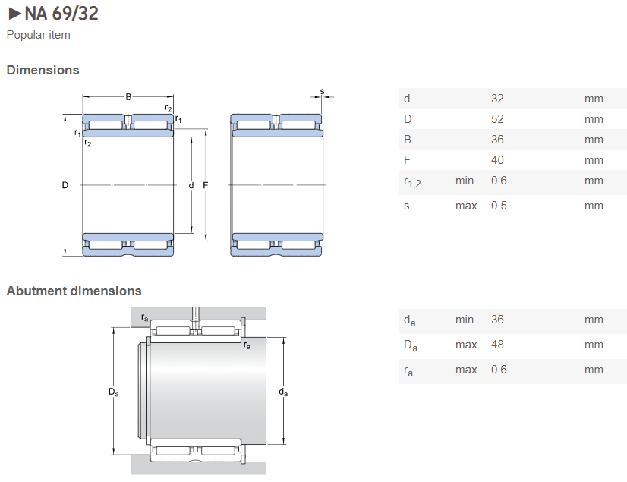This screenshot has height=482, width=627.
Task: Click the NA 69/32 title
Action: coord(61,14)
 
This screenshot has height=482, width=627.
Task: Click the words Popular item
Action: coord(38,35)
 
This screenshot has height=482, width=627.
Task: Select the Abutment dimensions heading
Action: coord(74,291)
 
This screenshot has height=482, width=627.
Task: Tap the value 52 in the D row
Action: coord(497,119)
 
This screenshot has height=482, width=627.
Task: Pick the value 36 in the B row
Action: coord(497,140)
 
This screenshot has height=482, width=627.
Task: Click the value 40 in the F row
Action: coord(497,160)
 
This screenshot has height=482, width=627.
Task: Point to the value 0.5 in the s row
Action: coord(499,206)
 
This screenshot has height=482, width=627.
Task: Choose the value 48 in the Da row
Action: coord(497,345)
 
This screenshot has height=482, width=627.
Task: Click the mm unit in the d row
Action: coord(594,99)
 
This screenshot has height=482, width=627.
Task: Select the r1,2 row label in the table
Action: coord(412,181)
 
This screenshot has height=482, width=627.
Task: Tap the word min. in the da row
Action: coord(466,320)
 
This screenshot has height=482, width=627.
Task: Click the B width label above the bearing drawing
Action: coord(128,96)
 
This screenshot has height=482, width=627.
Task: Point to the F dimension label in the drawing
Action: coord(206,185)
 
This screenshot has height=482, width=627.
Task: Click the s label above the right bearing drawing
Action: coord(322,91)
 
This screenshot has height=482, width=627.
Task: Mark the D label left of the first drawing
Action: coord(65,185)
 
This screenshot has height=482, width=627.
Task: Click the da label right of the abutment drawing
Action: coord(283,392)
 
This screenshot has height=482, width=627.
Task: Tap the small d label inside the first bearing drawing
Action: coord(191,185)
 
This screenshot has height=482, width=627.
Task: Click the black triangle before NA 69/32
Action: coord(14,14)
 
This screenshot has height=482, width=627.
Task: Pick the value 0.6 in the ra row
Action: coord(499,370)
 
